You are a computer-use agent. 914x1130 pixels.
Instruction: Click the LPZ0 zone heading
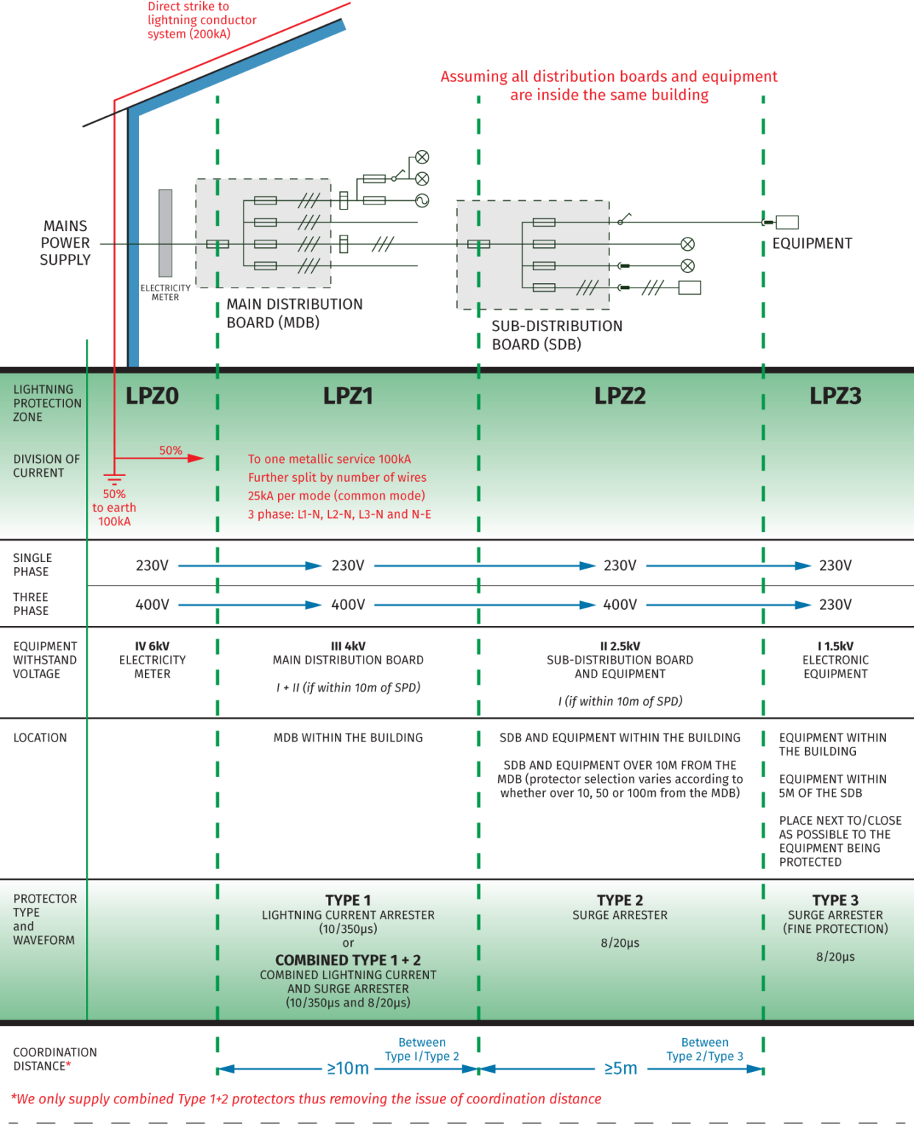point(152,396)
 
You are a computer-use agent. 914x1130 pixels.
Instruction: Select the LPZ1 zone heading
point(348,396)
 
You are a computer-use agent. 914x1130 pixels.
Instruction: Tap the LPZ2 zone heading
point(620,396)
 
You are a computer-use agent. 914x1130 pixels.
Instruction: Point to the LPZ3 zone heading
point(835,396)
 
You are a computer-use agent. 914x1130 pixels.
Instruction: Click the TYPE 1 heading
point(348,900)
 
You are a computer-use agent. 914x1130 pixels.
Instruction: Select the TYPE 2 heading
point(620,900)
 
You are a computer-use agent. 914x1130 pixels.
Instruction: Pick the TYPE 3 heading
point(835,900)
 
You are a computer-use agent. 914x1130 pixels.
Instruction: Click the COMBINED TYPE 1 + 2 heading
point(348,960)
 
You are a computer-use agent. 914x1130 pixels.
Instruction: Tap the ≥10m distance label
point(348,1068)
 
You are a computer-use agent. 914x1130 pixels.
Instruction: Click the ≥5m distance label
point(620,1068)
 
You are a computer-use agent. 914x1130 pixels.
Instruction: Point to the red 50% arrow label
point(171,450)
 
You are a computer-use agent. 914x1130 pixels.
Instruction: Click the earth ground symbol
point(114,480)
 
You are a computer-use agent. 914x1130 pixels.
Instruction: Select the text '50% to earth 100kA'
point(114,508)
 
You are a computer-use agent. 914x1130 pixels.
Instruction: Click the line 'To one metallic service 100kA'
point(329,459)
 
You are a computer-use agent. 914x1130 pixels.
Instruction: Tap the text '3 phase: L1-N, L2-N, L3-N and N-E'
point(339,514)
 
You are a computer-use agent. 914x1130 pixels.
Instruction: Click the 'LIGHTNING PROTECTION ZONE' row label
point(47,403)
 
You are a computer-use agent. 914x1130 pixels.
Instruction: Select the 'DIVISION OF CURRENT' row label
point(46,466)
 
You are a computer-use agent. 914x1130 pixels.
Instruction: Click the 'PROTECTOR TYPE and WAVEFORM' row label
point(44,920)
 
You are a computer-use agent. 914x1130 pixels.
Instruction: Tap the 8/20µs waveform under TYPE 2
point(620,943)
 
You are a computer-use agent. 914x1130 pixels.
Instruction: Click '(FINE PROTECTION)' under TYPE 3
point(835,929)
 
